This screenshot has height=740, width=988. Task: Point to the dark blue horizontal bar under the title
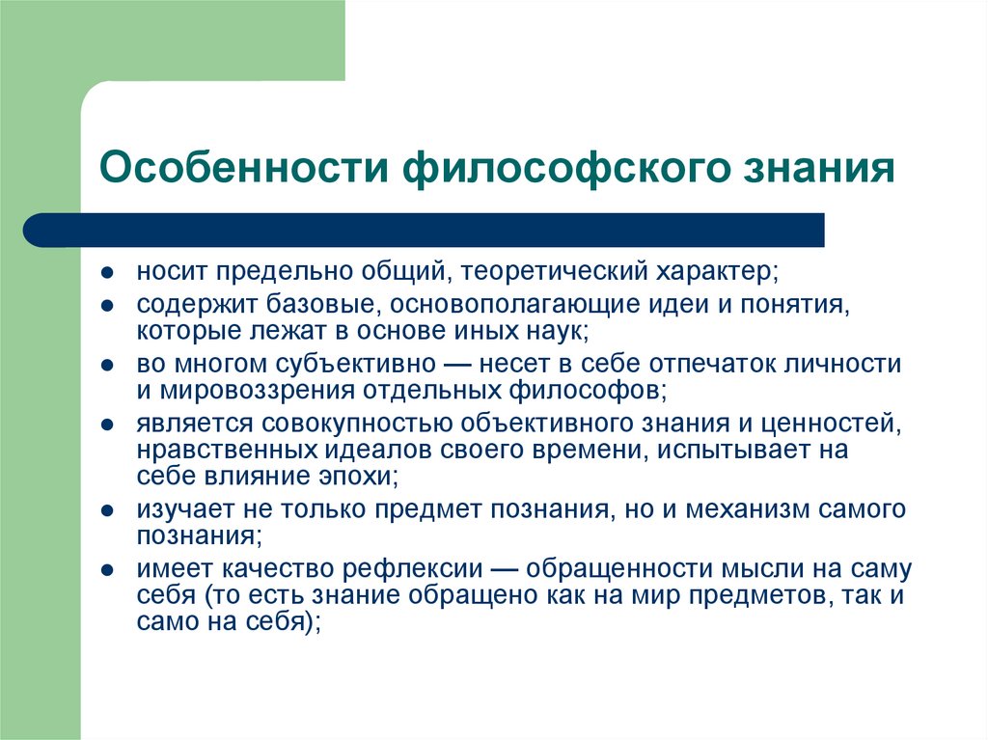pyautogui.click(x=425, y=230)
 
